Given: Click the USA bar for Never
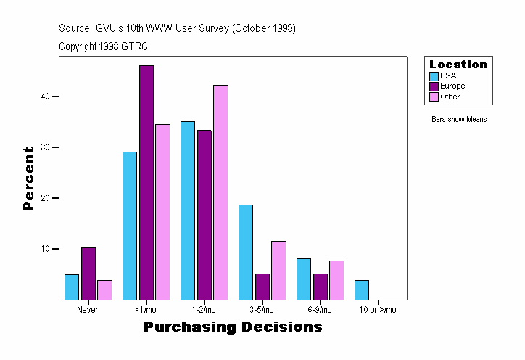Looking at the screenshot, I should pyautogui.click(x=72, y=287).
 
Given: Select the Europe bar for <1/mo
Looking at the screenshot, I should pyautogui.click(x=146, y=182).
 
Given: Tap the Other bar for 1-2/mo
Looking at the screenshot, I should pyautogui.click(x=220, y=192).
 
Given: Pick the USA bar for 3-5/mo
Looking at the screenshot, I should pyautogui.click(x=246, y=252).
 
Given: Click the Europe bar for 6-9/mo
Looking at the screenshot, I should pyautogui.click(x=321, y=286).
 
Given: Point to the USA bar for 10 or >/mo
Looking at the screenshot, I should pyautogui.click(x=362, y=290).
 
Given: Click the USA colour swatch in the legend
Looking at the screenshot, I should pyautogui.click(x=434, y=75).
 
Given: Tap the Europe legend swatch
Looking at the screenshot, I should pyautogui.click(x=434, y=86).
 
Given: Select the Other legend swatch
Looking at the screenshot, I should pyautogui.click(x=434, y=97).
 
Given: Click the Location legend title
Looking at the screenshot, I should pyautogui.click(x=458, y=65).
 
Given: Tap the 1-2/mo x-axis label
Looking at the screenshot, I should pyautogui.click(x=204, y=310).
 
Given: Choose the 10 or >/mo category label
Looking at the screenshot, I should pyautogui.click(x=378, y=310).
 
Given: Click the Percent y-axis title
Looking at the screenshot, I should pyautogui.click(x=29, y=179).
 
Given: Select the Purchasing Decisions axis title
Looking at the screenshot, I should pyautogui.click(x=233, y=327).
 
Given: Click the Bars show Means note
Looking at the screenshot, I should pyautogui.click(x=459, y=119).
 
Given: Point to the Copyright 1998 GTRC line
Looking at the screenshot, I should pyautogui.click(x=103, y=46).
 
